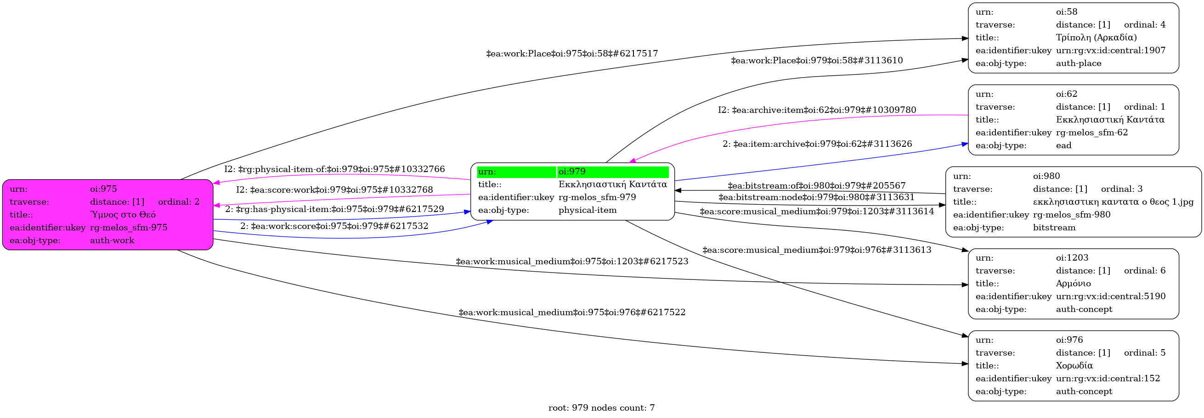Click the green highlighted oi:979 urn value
coord(571,172)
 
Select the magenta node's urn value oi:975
coord(103,189)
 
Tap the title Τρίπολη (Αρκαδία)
coord(1096,37)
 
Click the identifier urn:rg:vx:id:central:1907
coord(1111,50)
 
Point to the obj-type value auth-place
coord(1078,63)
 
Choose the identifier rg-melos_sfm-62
coord(1091,133)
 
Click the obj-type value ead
coord(1063,146)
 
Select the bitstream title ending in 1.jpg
coord(1113,202)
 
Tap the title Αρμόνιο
coord(1073,284)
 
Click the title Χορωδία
coord(1074,366)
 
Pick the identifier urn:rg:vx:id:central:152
coord(1108,378)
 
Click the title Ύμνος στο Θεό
coord(123,215)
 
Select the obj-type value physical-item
coord(587,210)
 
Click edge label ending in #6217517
coord(571,54)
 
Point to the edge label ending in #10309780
coord(817,110)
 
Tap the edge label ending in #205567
coord(816,186)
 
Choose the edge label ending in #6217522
coord(571,312)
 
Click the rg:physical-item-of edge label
coord(334,169)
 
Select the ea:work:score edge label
coord(334,226)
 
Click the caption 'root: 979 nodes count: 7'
coord(601,408)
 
